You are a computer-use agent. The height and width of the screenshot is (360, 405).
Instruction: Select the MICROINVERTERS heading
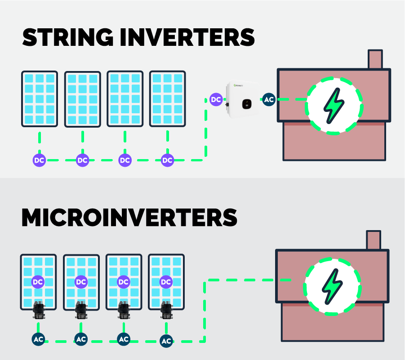pos(129,218)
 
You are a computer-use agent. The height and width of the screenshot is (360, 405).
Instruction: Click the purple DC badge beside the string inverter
pos(216,100)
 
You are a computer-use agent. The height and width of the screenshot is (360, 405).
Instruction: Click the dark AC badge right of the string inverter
pos(269,100)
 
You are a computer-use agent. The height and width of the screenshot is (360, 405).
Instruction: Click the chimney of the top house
pos(375,59)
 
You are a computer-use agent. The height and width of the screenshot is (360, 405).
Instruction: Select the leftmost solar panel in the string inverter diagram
pos(40,99)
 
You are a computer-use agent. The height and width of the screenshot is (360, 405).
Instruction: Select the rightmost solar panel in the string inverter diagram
pos(167,99)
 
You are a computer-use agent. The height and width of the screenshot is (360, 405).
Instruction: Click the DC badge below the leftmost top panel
pos(40,160)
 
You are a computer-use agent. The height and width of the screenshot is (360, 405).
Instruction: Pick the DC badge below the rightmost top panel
pos(167,160)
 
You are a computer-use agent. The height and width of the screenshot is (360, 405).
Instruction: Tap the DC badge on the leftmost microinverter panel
pos(38,282)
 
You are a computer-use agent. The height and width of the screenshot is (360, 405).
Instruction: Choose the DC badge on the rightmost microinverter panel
pos(166,282)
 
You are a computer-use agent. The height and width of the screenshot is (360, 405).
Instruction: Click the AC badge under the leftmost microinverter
pos(38,339)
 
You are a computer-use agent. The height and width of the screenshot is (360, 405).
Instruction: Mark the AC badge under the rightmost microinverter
pos(166,341)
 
